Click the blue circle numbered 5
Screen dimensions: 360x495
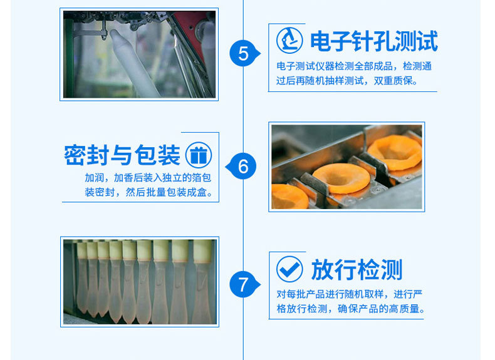tap(243, 53)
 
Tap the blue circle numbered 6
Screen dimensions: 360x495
tap(243, 167)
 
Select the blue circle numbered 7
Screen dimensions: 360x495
tap(243, 285)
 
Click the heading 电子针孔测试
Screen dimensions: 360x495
tap(374, 41)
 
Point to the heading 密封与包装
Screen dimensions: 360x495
tap(122, 155)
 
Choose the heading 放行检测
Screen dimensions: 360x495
tap(357, 270)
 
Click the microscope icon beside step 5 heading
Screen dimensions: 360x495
tap(289, 41)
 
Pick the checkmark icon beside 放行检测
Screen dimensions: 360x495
tap(289, 270)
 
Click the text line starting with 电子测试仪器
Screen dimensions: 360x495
tap(354, 66)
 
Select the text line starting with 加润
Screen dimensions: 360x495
tap(152, 178)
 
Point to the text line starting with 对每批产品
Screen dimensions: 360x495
tap(349, 294)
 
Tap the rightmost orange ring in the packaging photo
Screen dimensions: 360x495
tap(395, 152)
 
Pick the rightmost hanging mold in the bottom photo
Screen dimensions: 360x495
tap(202, 282)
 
